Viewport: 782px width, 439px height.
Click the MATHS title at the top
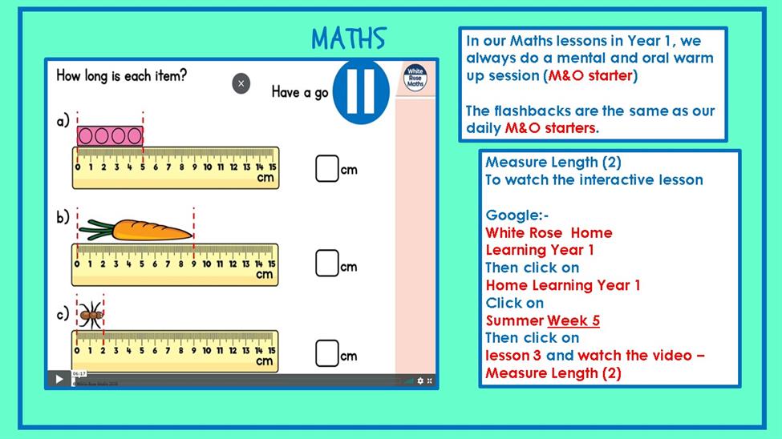coord(349,38)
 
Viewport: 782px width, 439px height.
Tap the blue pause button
coord(361,91)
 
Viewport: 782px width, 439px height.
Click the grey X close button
coord(241,83)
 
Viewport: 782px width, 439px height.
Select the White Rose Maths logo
coord(415,78)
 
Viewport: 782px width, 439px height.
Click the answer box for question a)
coord(327,168)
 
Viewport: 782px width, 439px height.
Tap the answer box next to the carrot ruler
coord(327,263)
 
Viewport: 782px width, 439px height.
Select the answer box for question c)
coord(327,352)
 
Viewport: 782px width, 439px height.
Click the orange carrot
coord(136,229)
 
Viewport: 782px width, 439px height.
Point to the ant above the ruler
coord(91,315)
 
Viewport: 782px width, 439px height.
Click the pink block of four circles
coord(110,136)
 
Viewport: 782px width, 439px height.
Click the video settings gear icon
coord(420,381)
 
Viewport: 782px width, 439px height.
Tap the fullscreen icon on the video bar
coord(429,381)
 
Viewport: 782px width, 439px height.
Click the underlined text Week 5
coord(573,320)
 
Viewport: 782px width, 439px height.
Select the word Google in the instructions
coord(513,215)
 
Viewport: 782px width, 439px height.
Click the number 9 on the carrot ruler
coord(193,264)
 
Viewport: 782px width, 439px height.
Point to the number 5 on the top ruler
coord(143,167)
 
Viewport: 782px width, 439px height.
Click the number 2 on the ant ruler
coord(103,351)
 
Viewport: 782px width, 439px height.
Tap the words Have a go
coord(300,92)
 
